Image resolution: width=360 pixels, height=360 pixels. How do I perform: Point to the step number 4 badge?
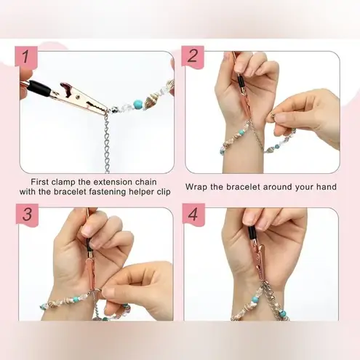coord(194,216)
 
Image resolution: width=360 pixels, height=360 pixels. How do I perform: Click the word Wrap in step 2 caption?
coord(198,187)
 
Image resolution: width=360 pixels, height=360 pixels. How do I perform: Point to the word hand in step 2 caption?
coord(324,187)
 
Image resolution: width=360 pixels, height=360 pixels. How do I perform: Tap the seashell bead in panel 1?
coord(155,94)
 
